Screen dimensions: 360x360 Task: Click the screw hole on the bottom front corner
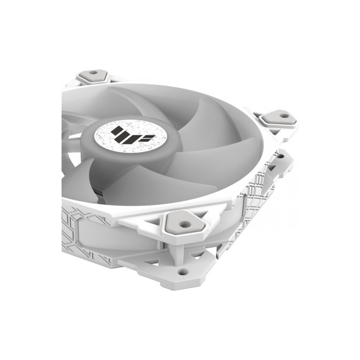(182, 271)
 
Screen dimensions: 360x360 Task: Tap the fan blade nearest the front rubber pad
(158, 183)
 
